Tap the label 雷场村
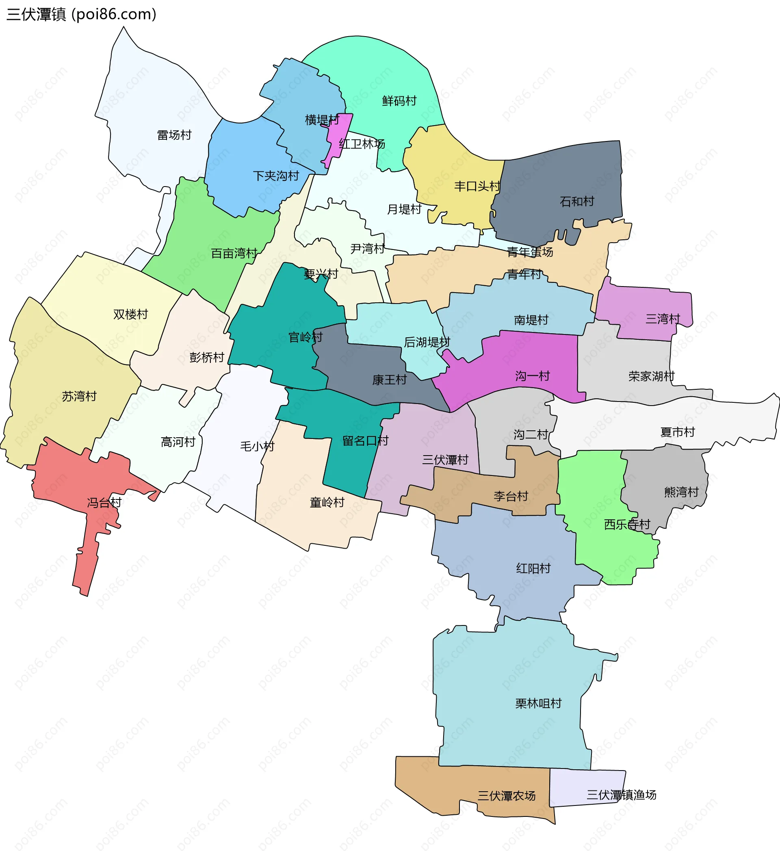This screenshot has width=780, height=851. pyautogui.click(x=174, y=135)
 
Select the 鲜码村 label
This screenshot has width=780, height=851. pyautogui.click(x=399, y=101)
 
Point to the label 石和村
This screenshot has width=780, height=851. pyautogui.click(x=577, y=201)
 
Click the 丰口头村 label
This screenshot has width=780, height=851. pyautogui.click(x=477, y=186)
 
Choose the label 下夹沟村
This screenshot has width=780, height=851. pyautogui.click(x=276, y=176)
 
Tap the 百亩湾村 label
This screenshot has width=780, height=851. pyautogui.click(x=234, y=253)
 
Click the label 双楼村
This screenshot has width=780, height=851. pyautogui.click(x=131, y=314)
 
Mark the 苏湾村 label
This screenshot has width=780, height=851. pyautogui.click(x=79, y=396)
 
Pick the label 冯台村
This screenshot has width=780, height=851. pyautogui.click(x=104, y=502)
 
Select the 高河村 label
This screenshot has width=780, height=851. pyautogui.click(x=178, y=442)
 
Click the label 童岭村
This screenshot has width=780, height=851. pyautogui.click(x=327, y=502)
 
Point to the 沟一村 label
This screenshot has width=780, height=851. pyautogui.click(x=533, y=376)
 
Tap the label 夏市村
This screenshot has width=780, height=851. pyautogui.click(x=678, y=432)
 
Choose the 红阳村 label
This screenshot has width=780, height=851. pyautogui.click(x=533, y=568)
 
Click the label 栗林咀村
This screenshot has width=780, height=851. pyautogui.click(x=539, y=703)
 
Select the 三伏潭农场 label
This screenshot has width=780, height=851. pyautogui.click(x=507, y=796)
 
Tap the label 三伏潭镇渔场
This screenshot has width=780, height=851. pyautogui.click(x=621, y=795)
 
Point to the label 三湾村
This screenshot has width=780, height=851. pyautogui.click(x=663, y=319)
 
